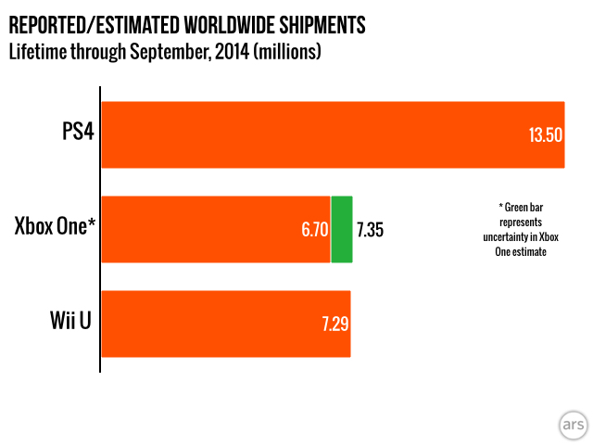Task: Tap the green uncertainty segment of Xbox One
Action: pos(342,229)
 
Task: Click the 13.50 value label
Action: pos(546,135)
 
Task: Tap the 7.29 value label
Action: pos(334,324)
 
